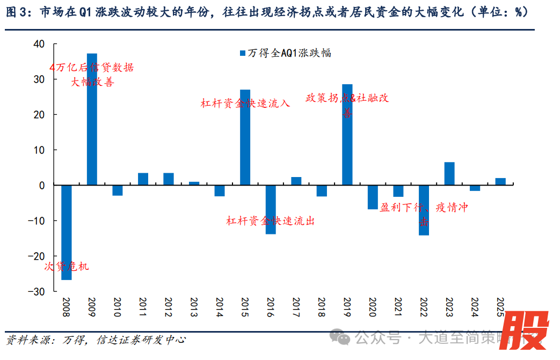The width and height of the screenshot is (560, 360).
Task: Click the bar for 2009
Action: click(x=92, y=119)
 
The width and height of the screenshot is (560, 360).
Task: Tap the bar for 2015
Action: click(x=245, y=137)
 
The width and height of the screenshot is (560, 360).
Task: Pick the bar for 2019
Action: click(x=347, y=135)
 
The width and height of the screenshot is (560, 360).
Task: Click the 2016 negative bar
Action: click(x=271, y=209)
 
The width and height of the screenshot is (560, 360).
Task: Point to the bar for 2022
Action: click(x=424, y=210)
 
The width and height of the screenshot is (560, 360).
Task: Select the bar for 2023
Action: click(x=449, y=173)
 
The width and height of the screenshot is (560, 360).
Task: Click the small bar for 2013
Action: click(x=194, y=183)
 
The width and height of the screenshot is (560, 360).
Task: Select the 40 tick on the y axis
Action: click(x=39, y=44)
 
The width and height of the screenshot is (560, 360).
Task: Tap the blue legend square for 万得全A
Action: click(x=243, y=53)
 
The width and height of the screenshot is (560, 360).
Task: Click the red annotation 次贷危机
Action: click(x=66, y=266)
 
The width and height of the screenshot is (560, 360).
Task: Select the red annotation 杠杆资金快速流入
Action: click(x=245, y=103)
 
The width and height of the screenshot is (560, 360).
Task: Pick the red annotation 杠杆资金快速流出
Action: click(x=270, y=221)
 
